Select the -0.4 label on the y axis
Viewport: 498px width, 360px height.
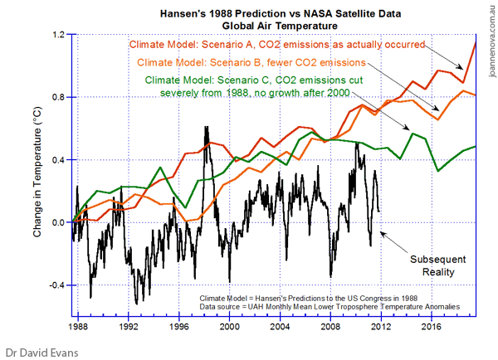[56, 285]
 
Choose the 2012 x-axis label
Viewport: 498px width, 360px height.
[378, 326]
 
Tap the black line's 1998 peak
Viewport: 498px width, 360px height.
[204, 126]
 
